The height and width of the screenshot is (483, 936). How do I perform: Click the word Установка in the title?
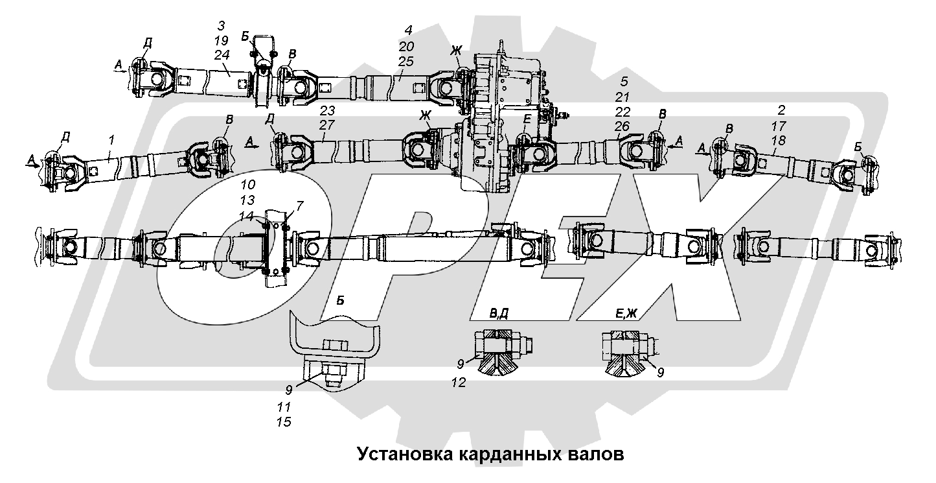tap(405, 454)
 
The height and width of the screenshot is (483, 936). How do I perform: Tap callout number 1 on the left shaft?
tap(111, 140)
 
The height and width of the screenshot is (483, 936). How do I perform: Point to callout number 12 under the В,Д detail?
tap(459, 383)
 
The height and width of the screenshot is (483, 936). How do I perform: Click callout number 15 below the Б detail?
tap(284, 421)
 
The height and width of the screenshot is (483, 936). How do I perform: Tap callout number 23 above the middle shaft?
tap(327, 110)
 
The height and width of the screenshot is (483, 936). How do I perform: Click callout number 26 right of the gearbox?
tap(622, 126)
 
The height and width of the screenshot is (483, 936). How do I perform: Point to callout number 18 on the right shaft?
tap(779, 141)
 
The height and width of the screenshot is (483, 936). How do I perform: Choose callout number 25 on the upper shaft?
tap(405, 61)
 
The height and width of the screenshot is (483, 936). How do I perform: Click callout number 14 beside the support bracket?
tap(247, 216)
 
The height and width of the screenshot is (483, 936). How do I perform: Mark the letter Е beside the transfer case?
tap(527, 119)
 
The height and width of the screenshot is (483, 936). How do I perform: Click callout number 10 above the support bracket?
tap(248, 184)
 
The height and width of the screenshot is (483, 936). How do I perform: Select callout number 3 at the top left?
tap(221, 25)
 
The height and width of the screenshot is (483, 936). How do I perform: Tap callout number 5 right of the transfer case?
tap(624, 81)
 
